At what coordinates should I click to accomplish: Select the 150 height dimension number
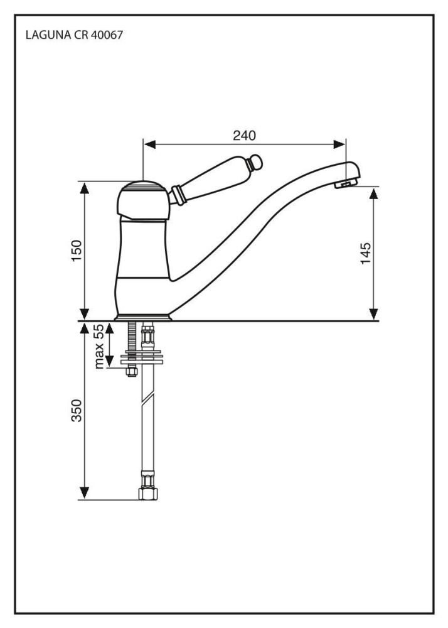coord(77,251)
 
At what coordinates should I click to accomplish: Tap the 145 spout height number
coord(366,253)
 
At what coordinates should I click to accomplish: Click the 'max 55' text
coord(99,346)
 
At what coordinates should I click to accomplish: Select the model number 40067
coord(106,35)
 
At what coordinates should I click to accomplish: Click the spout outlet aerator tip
coord(347,183)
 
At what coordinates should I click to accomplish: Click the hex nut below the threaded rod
coord(131,372)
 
